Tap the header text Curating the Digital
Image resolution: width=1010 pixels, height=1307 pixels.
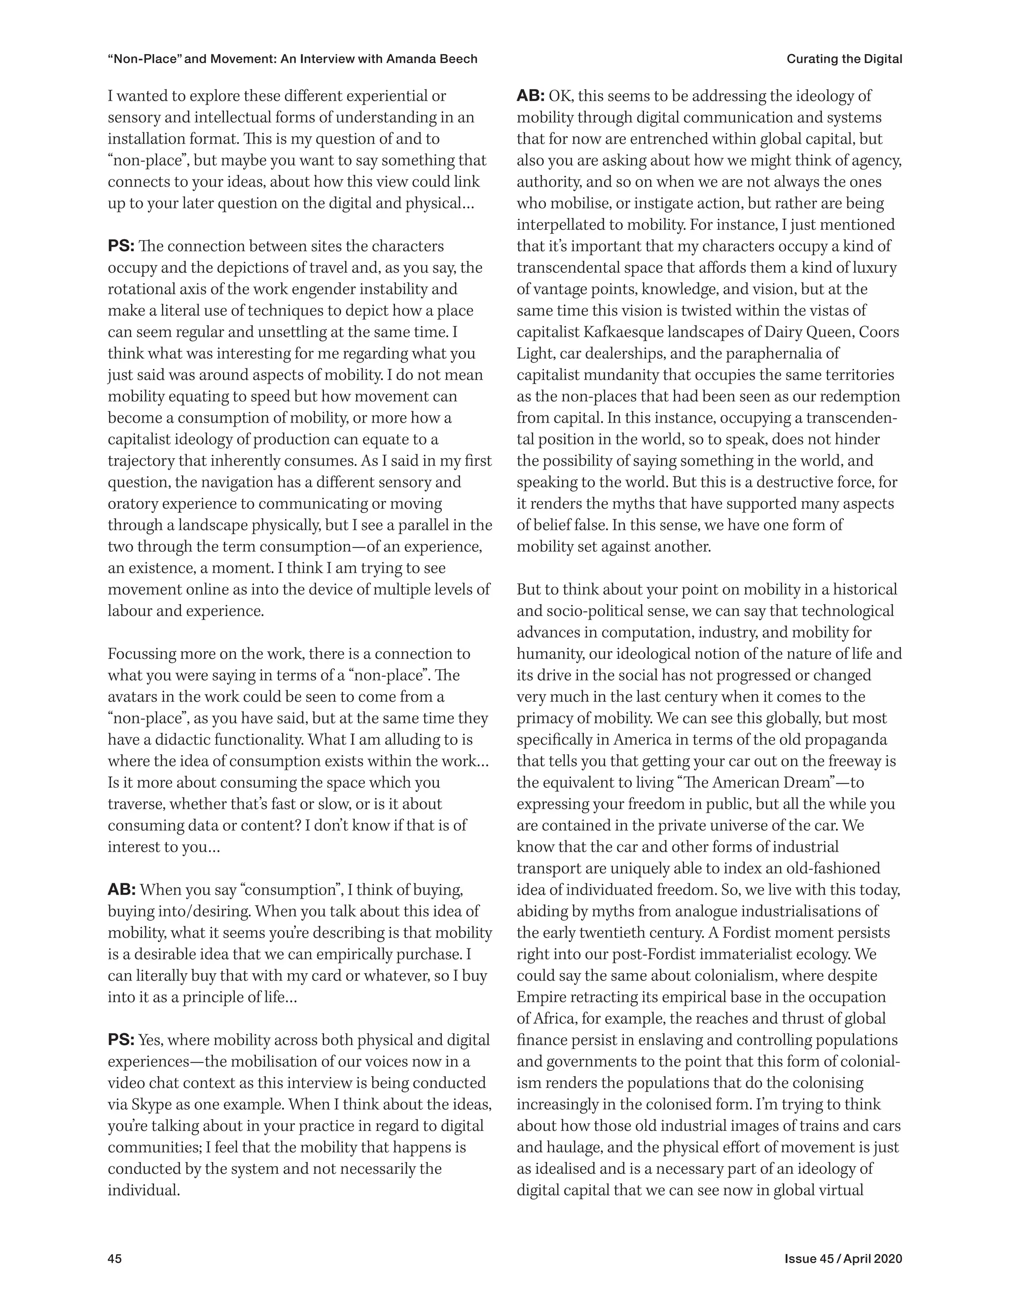(844, 59)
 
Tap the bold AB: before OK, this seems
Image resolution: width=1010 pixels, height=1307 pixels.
(530, 96)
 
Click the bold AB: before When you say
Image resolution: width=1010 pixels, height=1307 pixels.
(121, 890)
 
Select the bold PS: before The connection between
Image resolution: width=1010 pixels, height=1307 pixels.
(121, 247)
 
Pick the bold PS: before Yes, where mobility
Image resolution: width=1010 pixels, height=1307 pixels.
(121, 1041)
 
